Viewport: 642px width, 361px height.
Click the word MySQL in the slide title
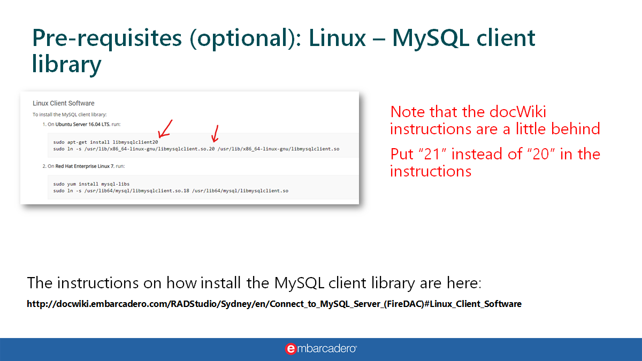coord(431,39)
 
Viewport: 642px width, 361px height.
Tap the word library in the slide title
coord(66,64)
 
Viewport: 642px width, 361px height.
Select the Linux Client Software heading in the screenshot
coord(63,103)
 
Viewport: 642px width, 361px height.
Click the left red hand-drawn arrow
coord(165,129)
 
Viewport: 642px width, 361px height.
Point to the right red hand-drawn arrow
coord(215,134)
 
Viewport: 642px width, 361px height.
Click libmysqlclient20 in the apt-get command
coord(135,142)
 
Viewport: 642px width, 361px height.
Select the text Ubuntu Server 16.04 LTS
coord(82,124)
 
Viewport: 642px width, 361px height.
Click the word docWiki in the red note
coord(518,112)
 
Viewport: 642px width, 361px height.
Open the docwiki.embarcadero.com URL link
coord(274,304)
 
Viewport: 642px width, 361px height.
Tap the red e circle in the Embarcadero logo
coord(291,349)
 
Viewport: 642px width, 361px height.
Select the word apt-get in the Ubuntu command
coord(77,142)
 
